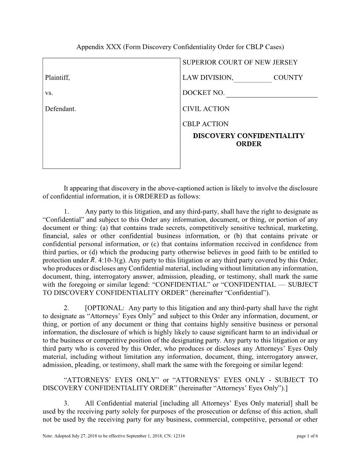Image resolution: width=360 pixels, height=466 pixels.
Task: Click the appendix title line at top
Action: tap(180, 47)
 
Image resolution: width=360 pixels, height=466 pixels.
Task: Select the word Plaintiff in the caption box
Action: tap(57, 78)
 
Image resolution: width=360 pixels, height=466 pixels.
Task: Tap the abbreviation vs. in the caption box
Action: tap(49, 94)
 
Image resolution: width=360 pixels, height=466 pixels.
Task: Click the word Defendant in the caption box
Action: tap(60, 109)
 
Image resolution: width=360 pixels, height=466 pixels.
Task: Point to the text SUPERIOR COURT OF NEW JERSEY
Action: tap(240, 63)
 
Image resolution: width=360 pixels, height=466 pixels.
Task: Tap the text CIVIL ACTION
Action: tap(206, 109)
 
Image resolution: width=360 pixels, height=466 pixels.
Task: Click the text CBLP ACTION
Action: tap(206, 124)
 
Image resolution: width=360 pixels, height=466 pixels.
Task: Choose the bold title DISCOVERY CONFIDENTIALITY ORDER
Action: tap(249, 140)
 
